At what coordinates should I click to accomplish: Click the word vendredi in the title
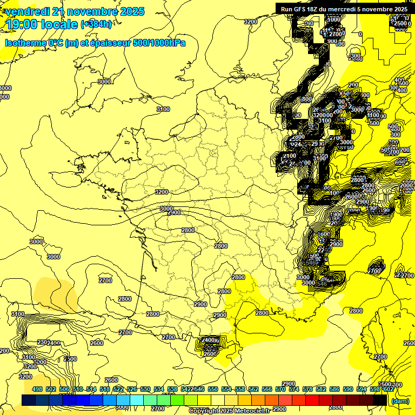click(26, 11)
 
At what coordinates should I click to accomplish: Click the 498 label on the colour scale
click(37, 390)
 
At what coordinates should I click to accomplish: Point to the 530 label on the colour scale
click(145, 390)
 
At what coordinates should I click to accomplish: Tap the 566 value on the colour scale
click(267, 390)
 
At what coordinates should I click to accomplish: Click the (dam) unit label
click(400, 400)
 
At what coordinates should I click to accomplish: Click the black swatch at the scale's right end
click(380, 400)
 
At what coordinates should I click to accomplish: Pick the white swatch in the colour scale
click(218, 400)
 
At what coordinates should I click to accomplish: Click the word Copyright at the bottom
click(203, 411)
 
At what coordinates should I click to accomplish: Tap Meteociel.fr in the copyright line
click(252, 411)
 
